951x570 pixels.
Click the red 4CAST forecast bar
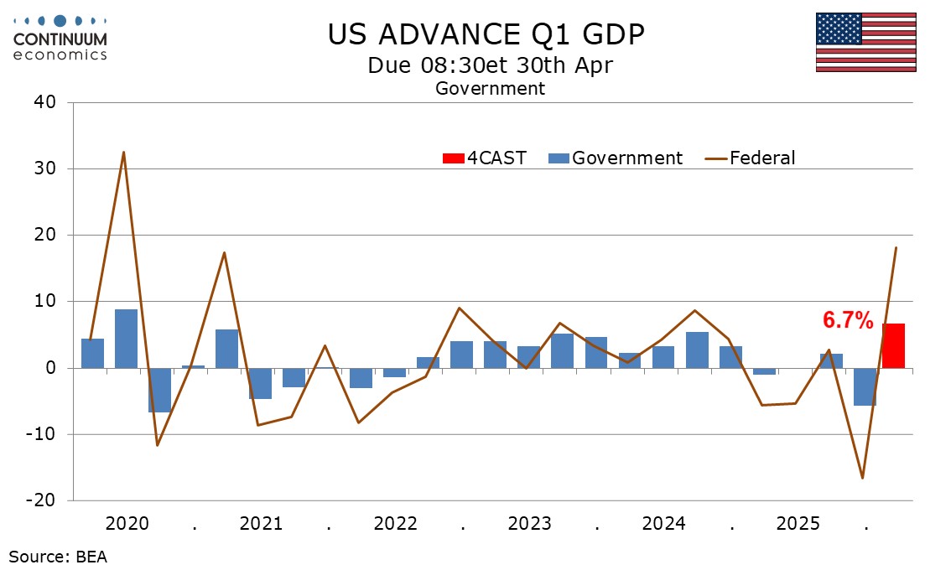[893, 345]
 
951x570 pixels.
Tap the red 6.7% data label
[848, 319]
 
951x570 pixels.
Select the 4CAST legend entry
[485, 158]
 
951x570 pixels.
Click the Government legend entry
[616, 158]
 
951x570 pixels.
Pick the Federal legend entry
[750, 158]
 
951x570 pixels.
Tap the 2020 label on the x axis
[127, 524]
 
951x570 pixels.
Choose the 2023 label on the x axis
[529, 524]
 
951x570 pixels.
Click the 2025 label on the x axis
[798, 524]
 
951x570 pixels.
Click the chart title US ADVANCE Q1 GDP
[486, 35]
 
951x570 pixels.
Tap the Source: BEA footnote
[58, 555]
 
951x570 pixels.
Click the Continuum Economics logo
[60, 38]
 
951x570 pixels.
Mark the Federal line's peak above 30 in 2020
[124, 153]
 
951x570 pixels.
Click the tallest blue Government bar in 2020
[126, 338]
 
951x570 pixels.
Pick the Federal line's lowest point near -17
[862, 478]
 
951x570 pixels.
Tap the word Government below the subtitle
[490, 88]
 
